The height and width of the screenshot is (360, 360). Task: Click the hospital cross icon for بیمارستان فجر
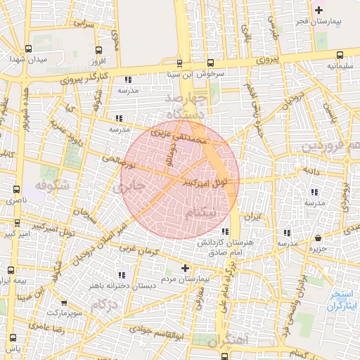coord(319,10)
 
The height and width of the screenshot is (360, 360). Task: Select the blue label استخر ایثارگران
coord(344,301)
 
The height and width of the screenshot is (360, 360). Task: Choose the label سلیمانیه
coord(339,65)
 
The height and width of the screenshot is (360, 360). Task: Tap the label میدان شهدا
coord(27,60)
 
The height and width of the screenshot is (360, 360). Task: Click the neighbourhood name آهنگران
coord(229,340)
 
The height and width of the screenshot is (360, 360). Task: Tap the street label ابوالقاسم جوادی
coord(152,335)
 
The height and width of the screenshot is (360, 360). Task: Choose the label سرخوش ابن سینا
coord(184,73)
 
